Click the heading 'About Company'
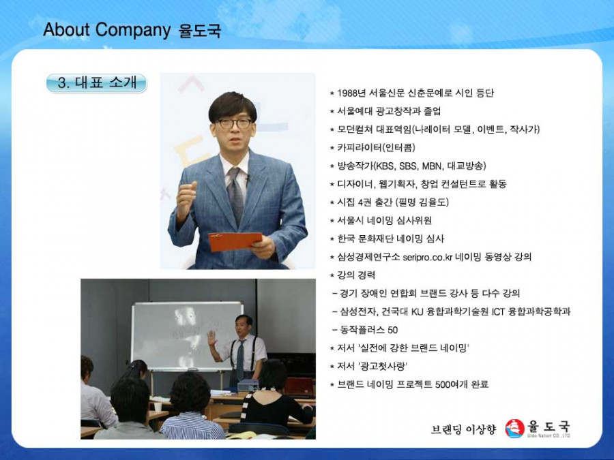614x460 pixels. (x=106, y=30)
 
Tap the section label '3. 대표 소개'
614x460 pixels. (x=96, y=83)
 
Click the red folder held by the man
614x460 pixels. (x=235, y=241)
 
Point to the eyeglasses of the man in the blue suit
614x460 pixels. (x=233, y=123)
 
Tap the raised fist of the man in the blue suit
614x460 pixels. (x=187, y=196)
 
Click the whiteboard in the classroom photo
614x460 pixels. (x=186, y=336)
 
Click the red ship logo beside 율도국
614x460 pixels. (x=514, y=429)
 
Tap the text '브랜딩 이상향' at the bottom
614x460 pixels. (x=463, y=429)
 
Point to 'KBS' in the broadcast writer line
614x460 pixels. (x=385, y=166)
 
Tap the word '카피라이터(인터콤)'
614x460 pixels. (x=376, y=147)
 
